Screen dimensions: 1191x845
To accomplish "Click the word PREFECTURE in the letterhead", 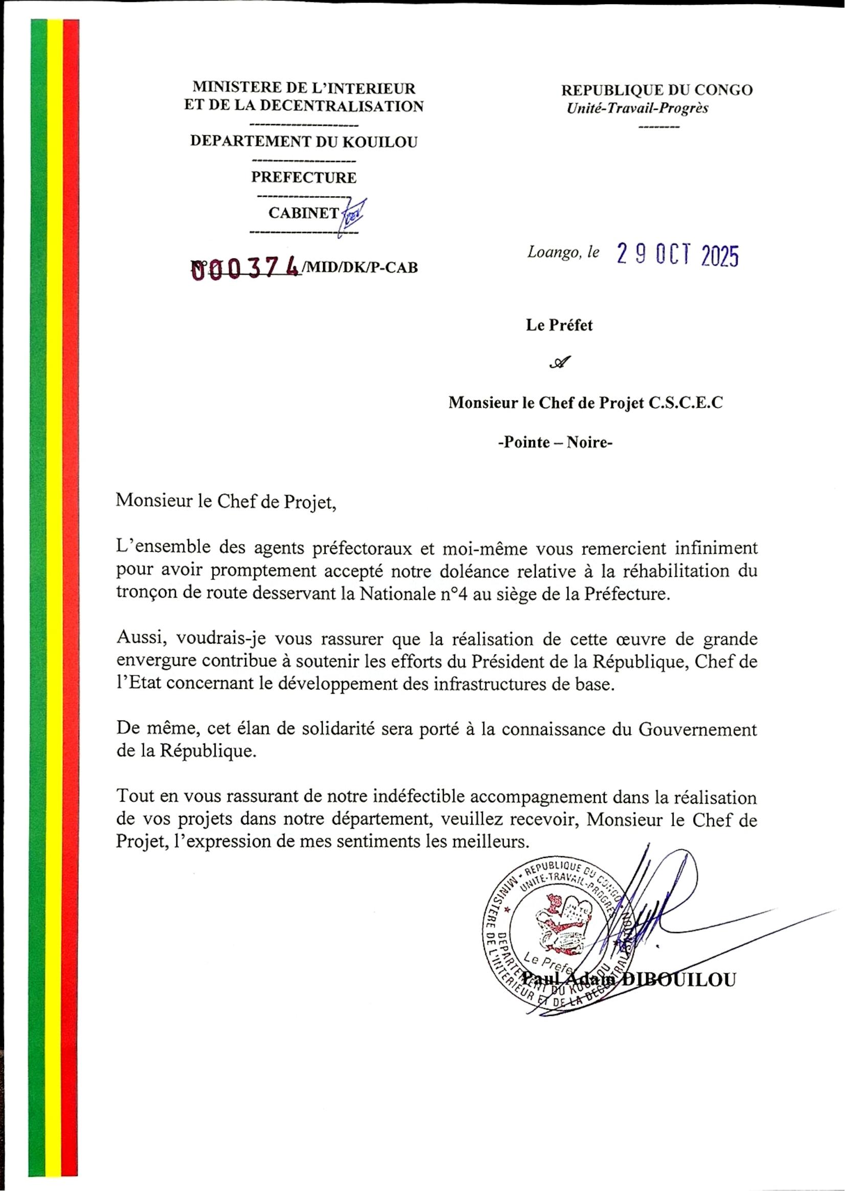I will (304, 178).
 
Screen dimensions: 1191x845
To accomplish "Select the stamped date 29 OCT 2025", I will (677, 255).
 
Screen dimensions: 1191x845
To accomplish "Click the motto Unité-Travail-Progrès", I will (637, 108).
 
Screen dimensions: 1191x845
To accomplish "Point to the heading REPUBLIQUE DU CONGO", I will (657, 90).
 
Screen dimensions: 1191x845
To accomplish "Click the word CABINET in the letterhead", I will (303, 213).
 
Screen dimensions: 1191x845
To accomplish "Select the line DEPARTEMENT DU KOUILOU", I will (304, 142).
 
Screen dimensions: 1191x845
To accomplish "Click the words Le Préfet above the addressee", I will (559, 325).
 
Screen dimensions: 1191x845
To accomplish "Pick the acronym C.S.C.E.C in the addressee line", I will (686, 403).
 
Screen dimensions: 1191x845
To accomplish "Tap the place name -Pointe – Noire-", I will (555, 442).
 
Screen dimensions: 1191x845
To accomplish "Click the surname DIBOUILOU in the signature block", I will (679, 980).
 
